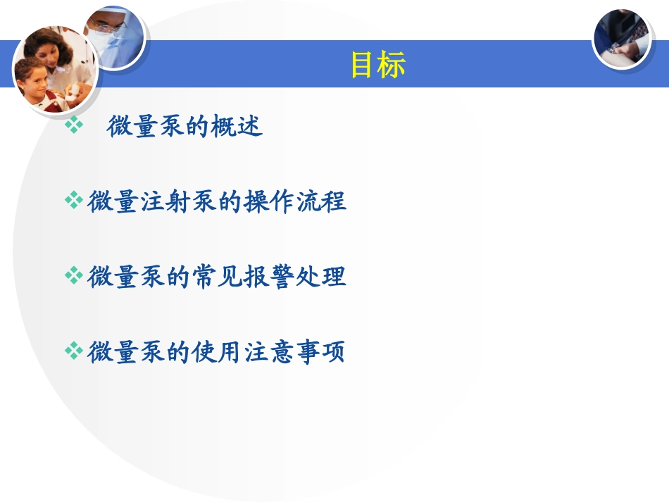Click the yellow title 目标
click(x=378, y=65)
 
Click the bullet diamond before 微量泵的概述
click(x=73, y=125)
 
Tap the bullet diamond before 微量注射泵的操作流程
click(x=73, y=201)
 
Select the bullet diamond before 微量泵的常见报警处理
click(x=73, y=276)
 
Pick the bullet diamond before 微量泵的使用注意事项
click(x=73, y=351)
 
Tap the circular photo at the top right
click(x=620, y=38)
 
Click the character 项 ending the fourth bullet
click(x=334, y=351)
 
